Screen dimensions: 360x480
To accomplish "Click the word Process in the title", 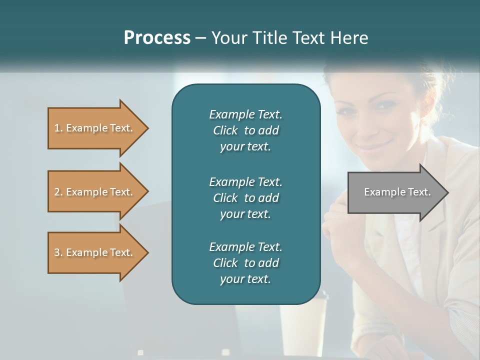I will [157, 38].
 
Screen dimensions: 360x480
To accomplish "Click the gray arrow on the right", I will [395, 192].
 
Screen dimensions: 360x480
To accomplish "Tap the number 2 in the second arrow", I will [57, 192].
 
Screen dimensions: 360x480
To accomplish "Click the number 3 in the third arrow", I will [57, 252].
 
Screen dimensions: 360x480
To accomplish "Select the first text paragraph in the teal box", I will [245, 130].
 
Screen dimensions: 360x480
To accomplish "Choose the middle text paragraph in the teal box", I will [245, 197].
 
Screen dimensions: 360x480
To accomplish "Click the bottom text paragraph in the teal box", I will [245, 263].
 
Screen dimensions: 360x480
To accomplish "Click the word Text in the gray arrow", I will [419, 192].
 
